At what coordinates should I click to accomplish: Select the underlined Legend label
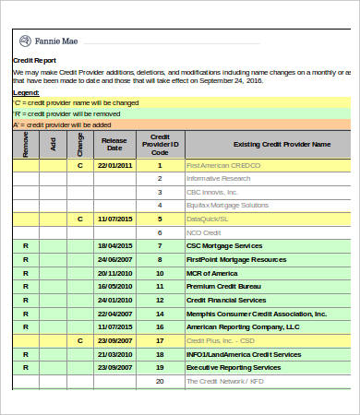pos(26,92)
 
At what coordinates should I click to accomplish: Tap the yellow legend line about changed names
pos(74,102)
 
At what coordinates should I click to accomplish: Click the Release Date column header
pos(114,143)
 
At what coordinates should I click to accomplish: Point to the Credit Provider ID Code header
pos(160,143)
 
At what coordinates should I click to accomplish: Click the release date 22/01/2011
pos(114,165)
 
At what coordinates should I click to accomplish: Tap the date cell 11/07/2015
pos(114,219)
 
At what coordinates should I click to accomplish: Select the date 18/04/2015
pos(114,246)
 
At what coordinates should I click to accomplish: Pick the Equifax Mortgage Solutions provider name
pos(224,205)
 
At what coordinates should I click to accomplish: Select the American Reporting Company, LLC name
pos(243,326)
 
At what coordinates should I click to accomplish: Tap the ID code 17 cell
pos(160,340)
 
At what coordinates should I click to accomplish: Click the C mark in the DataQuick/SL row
pos(79,219)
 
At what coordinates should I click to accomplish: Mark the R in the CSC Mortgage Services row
pos(26,246)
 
